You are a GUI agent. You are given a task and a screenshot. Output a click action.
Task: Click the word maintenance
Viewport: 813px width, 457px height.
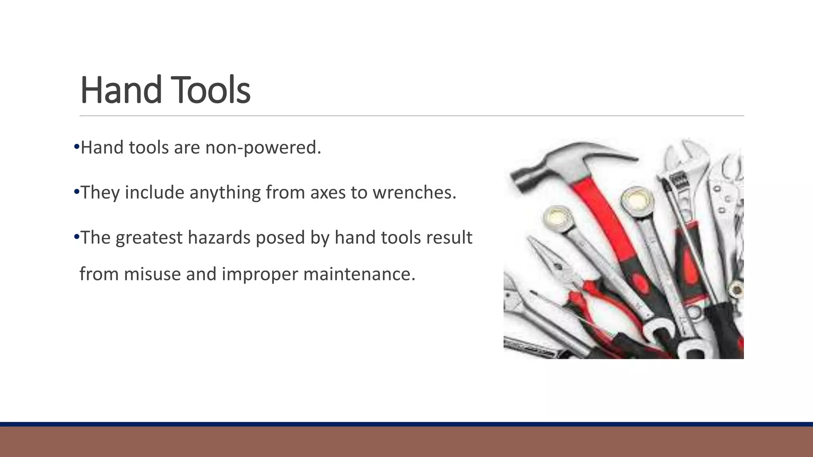tap(359, 274)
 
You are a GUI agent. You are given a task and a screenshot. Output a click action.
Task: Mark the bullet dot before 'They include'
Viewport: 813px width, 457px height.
tap(77, 192)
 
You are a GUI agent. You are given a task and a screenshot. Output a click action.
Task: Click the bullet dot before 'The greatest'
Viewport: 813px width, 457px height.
tap(77, 237)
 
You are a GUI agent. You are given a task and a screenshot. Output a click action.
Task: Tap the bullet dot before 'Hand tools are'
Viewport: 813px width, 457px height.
tap(77, 147)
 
